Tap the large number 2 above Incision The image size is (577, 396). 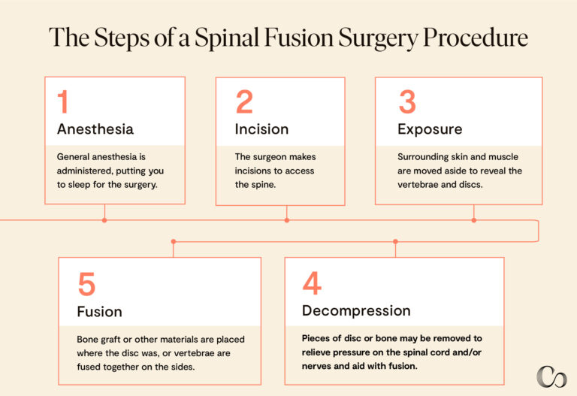click(x=244, y=102)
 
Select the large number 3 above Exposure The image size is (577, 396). click(x=407, y=102)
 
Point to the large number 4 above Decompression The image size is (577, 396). click(x=312, y=283)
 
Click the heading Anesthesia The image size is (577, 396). click(x=95, y=128)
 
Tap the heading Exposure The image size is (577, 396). click(x=430, y=128)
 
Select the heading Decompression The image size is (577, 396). click(x=356, y=310)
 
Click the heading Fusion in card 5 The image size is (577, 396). click(x=99, y=311)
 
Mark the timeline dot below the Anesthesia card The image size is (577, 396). click(x=104, y=220)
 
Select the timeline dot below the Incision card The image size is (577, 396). click(x=286, y=220)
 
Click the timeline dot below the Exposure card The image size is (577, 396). click(x=473, y=220)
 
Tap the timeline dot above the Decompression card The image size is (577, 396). click(x=395, y=241)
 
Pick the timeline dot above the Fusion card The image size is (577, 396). click(x=174, y=241)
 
